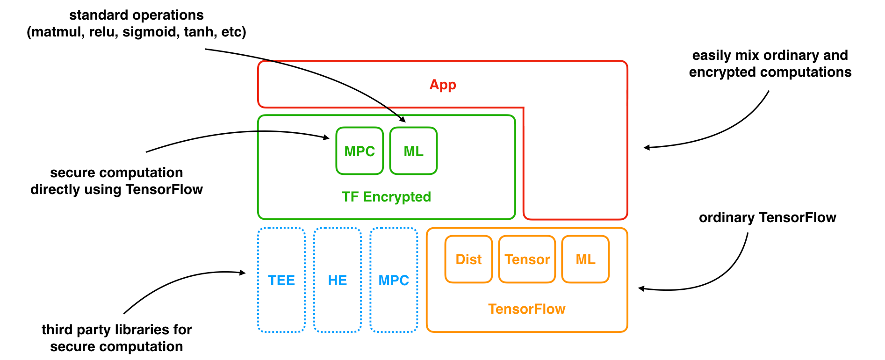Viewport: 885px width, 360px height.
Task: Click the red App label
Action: coord(442,85)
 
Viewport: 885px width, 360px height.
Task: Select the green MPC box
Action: coord(360,151)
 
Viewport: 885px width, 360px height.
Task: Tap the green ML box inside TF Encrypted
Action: coord(413,151)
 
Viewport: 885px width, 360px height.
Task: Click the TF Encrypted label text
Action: coord(386,197)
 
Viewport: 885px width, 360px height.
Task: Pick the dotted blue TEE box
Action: coord(281,280)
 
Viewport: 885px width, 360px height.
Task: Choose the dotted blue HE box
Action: coord(337,280)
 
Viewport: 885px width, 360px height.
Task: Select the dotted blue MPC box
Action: coord(394,280)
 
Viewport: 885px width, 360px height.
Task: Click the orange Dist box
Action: coord(468,259)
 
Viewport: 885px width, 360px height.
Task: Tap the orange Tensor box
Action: coord(527,259)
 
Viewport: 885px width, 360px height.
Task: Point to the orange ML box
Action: coord(585,259)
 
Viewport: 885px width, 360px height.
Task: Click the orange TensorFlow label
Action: coord(527,309)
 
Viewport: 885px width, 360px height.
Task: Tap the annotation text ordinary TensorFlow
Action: coord(767,218)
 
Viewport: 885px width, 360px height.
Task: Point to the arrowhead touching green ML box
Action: coord(403,120)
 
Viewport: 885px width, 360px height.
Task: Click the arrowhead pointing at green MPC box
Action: coord(327,137)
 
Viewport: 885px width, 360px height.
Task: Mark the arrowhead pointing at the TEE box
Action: coord(243,273)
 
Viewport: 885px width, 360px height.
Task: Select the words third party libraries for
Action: coord(116,330)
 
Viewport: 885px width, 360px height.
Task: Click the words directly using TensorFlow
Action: coord(116,190)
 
